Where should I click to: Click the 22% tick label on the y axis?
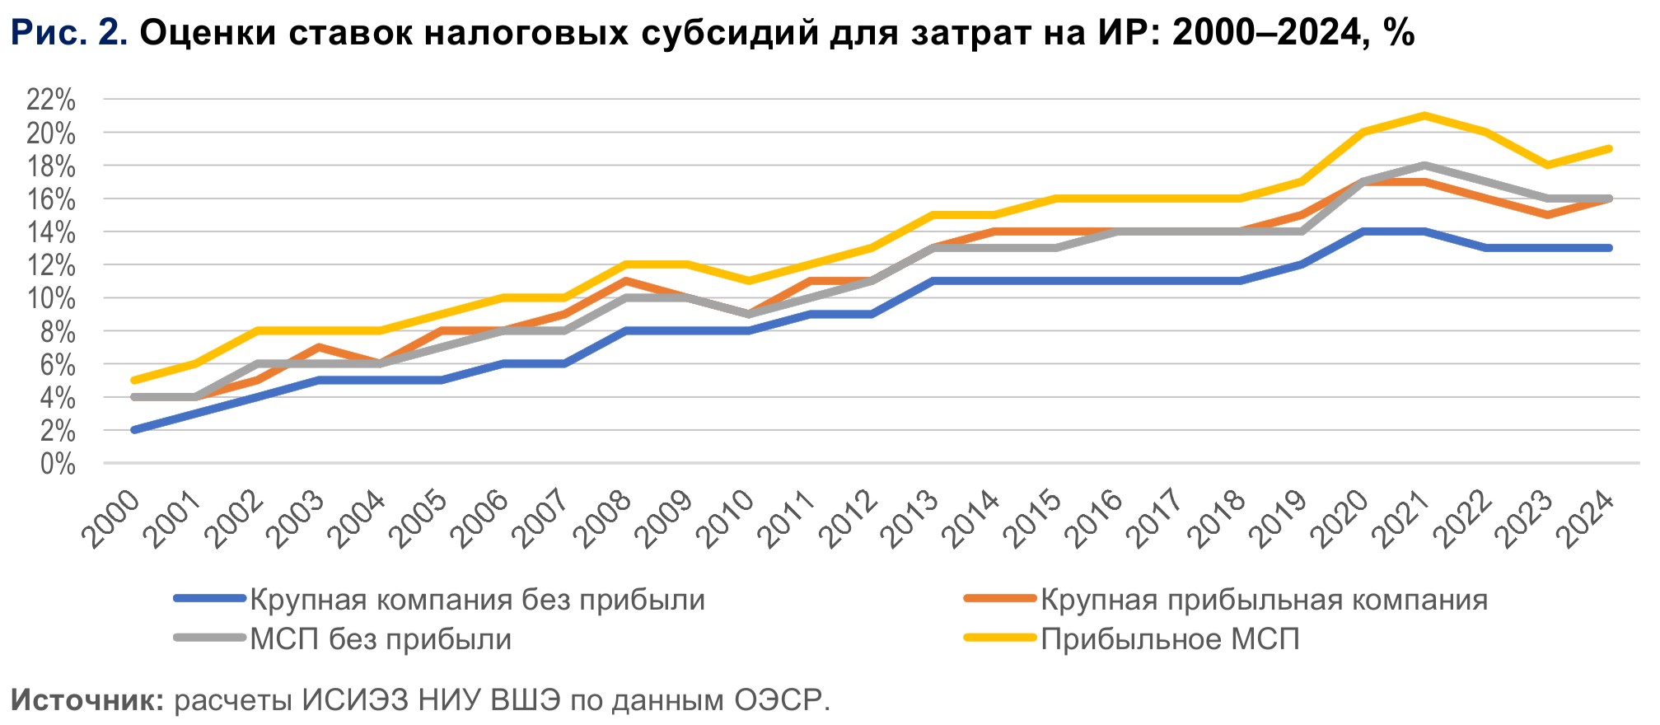point(51,101)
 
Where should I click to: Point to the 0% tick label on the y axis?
point(58,464)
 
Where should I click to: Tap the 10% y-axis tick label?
point(51,299)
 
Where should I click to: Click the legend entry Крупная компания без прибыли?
point(477,600)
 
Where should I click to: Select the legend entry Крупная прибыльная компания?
point(1264,600)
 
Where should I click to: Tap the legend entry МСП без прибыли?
point(381,639)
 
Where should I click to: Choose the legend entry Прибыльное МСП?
point(1170,639)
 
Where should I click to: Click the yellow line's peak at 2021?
point(1424,115)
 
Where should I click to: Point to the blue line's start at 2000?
point(133,430)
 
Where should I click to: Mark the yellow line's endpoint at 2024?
point(1609,149)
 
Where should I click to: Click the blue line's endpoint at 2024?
point(1609,248)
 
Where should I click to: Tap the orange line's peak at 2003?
point(318,347)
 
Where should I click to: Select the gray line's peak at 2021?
point(1424,166)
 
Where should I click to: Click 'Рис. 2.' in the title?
point(69,33)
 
